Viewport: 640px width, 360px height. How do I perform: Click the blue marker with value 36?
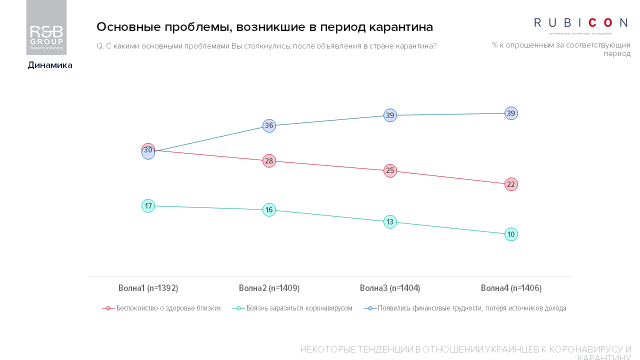point(269,125)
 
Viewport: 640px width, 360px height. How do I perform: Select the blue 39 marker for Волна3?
point(390,115)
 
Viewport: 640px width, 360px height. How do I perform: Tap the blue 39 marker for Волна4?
point(511,113)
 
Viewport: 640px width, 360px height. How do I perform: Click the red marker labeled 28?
point(269,161)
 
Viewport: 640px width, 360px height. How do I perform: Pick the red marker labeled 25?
point(390,171)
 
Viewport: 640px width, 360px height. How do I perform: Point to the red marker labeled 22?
point(511,184)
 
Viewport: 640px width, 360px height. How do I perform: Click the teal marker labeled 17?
point(148,206)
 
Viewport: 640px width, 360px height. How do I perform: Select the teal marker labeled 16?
point(269,210)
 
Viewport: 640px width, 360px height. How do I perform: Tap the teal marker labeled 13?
point(390,222)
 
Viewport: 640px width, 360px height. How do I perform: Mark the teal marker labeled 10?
point(511,234)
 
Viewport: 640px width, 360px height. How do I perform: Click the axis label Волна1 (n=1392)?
point(148,288)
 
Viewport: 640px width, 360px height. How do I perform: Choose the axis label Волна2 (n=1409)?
point(269,288)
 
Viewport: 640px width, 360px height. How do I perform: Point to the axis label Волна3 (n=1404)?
point(390,288)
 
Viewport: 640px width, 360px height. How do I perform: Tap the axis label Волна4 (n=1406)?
point(511,288)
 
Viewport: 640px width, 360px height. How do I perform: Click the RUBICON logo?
point(580,23)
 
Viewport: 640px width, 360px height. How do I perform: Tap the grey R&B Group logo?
point(46,28)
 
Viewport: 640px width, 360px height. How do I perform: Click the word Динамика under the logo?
point(50,65)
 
